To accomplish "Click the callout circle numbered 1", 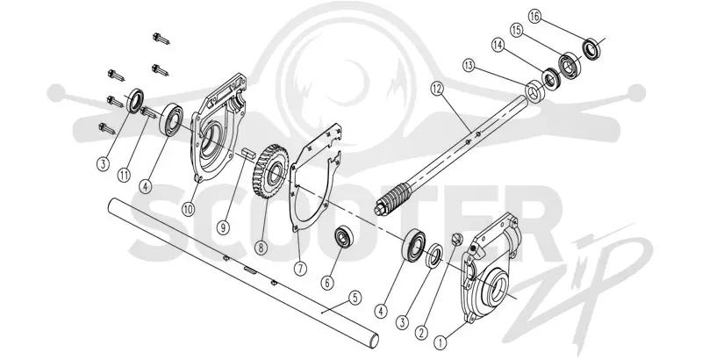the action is point(441,343).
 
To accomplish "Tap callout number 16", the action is point(534,17).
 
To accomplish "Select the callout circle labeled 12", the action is point(437,89).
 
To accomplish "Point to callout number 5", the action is point(355,298).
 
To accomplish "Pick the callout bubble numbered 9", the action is point(223,227).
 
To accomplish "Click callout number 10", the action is point(188,209).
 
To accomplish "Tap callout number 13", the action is point(469,66).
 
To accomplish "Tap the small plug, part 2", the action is point(455,239).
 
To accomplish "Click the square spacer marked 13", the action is point(534,93).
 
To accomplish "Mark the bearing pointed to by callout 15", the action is point(569,66).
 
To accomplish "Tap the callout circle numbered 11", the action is point(124,175).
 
